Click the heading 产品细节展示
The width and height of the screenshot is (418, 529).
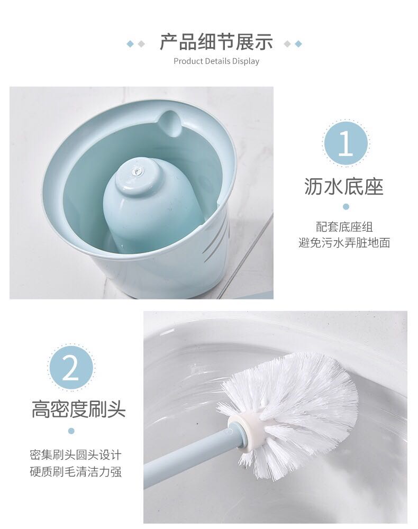pos(216,42)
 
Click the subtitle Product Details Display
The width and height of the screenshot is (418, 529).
pos(216,61)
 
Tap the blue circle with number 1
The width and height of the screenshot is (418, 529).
pos(346,143)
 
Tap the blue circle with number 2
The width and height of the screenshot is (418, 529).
pos(71,368)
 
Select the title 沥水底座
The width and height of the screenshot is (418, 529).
pos(344,187)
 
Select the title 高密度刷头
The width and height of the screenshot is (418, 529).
pos(79,409)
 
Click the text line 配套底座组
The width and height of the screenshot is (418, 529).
pos(344,227)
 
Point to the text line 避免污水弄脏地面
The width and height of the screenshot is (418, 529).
pos(344,243)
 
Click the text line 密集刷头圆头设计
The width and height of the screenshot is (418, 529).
pos(76,455)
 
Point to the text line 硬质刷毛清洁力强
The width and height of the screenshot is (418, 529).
pos(76,471)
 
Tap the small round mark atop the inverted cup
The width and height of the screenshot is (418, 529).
pos(137,172)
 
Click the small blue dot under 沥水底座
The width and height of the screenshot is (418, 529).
pos(346,207)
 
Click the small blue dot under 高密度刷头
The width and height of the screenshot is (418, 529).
pos(71,431)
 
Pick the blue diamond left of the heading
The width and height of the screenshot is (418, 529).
pos(130,44)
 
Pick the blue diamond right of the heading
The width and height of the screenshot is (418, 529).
pos(298,44)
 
